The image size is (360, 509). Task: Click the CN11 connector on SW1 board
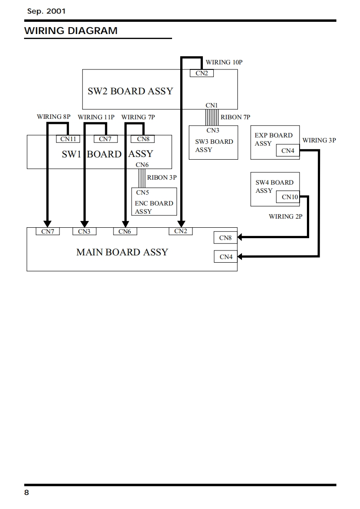pyautogui.click(x=68, y=139)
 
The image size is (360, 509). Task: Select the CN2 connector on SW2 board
pyautogui.click(x=202, y=73)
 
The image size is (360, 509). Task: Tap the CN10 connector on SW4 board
pyautogui.click(x=288, y=197)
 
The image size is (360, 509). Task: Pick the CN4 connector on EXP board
pyautogui.click(x=288, y=150)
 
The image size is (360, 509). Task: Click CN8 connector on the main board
pyautogui.click(x=226, y=238)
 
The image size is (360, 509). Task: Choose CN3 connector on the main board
pyautogui.click(x=84, y=231)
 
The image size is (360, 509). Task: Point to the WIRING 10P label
pyautogui.click(x=224, y=62)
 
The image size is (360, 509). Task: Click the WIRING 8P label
pyautogui.click(x=54, y=117)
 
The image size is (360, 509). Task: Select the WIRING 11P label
pyautogui.click(x=96, y=117)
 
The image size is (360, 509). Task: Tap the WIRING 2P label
pyautogui.click(x=286, y=216)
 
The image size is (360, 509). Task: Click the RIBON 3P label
pyautogui.click(x=162, y=177)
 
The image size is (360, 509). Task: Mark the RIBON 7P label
pyautogui.click(x=236, y=117)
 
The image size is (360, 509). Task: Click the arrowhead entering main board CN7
pyautogui.click(x=47, y=224)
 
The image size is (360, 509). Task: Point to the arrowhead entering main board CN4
pyautogui.click(x=241, y=256)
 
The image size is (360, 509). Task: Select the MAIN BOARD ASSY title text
pyautogui.click(x=122, y=252)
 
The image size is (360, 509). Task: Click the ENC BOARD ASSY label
pyautogui.click(x=154, y=207)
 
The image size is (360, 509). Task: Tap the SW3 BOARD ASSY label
pyautogui.click(x=214, y=146)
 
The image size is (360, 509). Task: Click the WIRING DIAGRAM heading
pyautogui.click(x=71, y=30)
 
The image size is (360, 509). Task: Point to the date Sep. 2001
pyautogui.click(x=46, y=11)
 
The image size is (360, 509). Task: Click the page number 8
pyautogui.click(x=27, y=493)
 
